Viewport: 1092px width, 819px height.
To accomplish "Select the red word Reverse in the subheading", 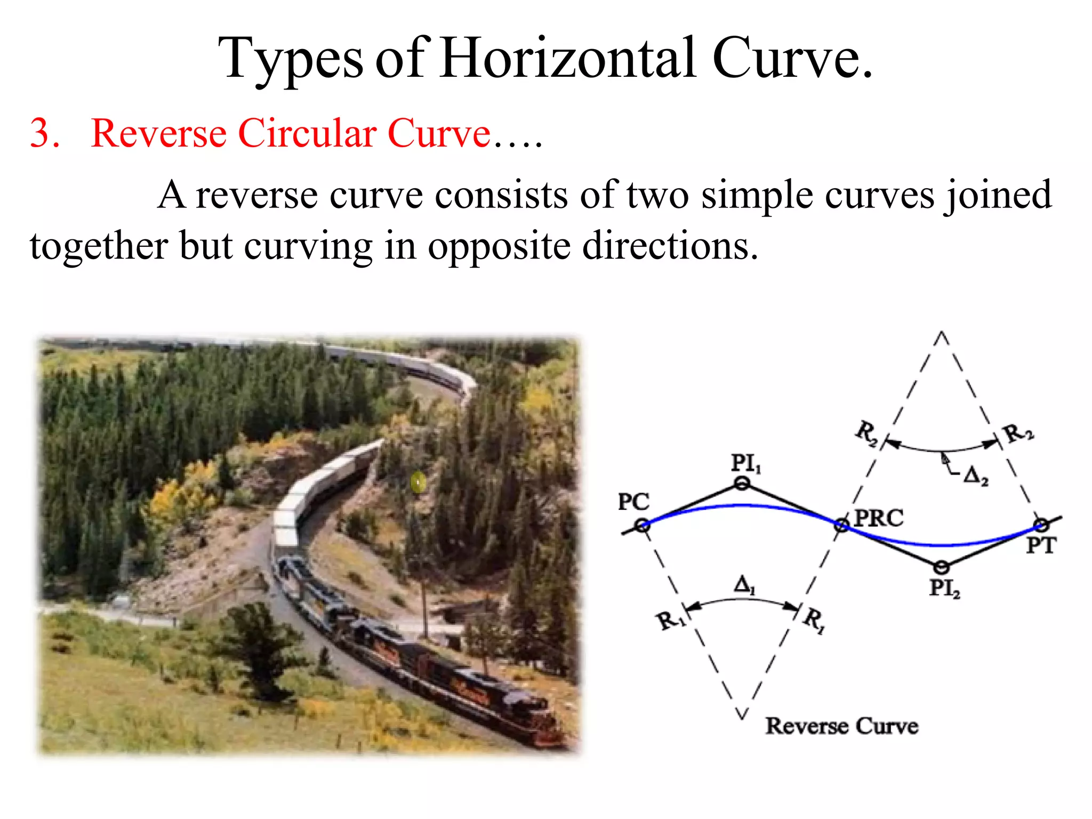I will tap(159, 133).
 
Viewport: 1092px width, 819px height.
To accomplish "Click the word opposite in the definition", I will tap(499, 246).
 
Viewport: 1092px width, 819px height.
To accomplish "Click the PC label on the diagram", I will tap(633, 502).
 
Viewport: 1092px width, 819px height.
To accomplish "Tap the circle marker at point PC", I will tap(643, 526).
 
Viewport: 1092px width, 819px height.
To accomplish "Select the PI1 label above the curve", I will tap(745, 463).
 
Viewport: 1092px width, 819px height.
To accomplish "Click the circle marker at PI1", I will tap(742, 484).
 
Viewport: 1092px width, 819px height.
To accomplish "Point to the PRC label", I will tap(879, 518).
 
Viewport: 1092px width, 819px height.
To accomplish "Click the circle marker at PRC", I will tap(841, 526).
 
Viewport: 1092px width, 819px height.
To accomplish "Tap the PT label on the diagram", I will tap(1041, 545).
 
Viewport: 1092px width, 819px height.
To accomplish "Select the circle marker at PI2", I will tap(942, 567).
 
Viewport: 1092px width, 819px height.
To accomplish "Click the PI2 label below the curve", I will tap(944, 588).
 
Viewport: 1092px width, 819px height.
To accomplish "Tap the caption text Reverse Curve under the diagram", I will tap(842, 726).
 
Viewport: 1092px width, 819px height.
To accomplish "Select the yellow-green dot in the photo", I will tap(419, 483).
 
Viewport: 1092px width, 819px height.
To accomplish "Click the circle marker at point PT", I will tap(1041, 525).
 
